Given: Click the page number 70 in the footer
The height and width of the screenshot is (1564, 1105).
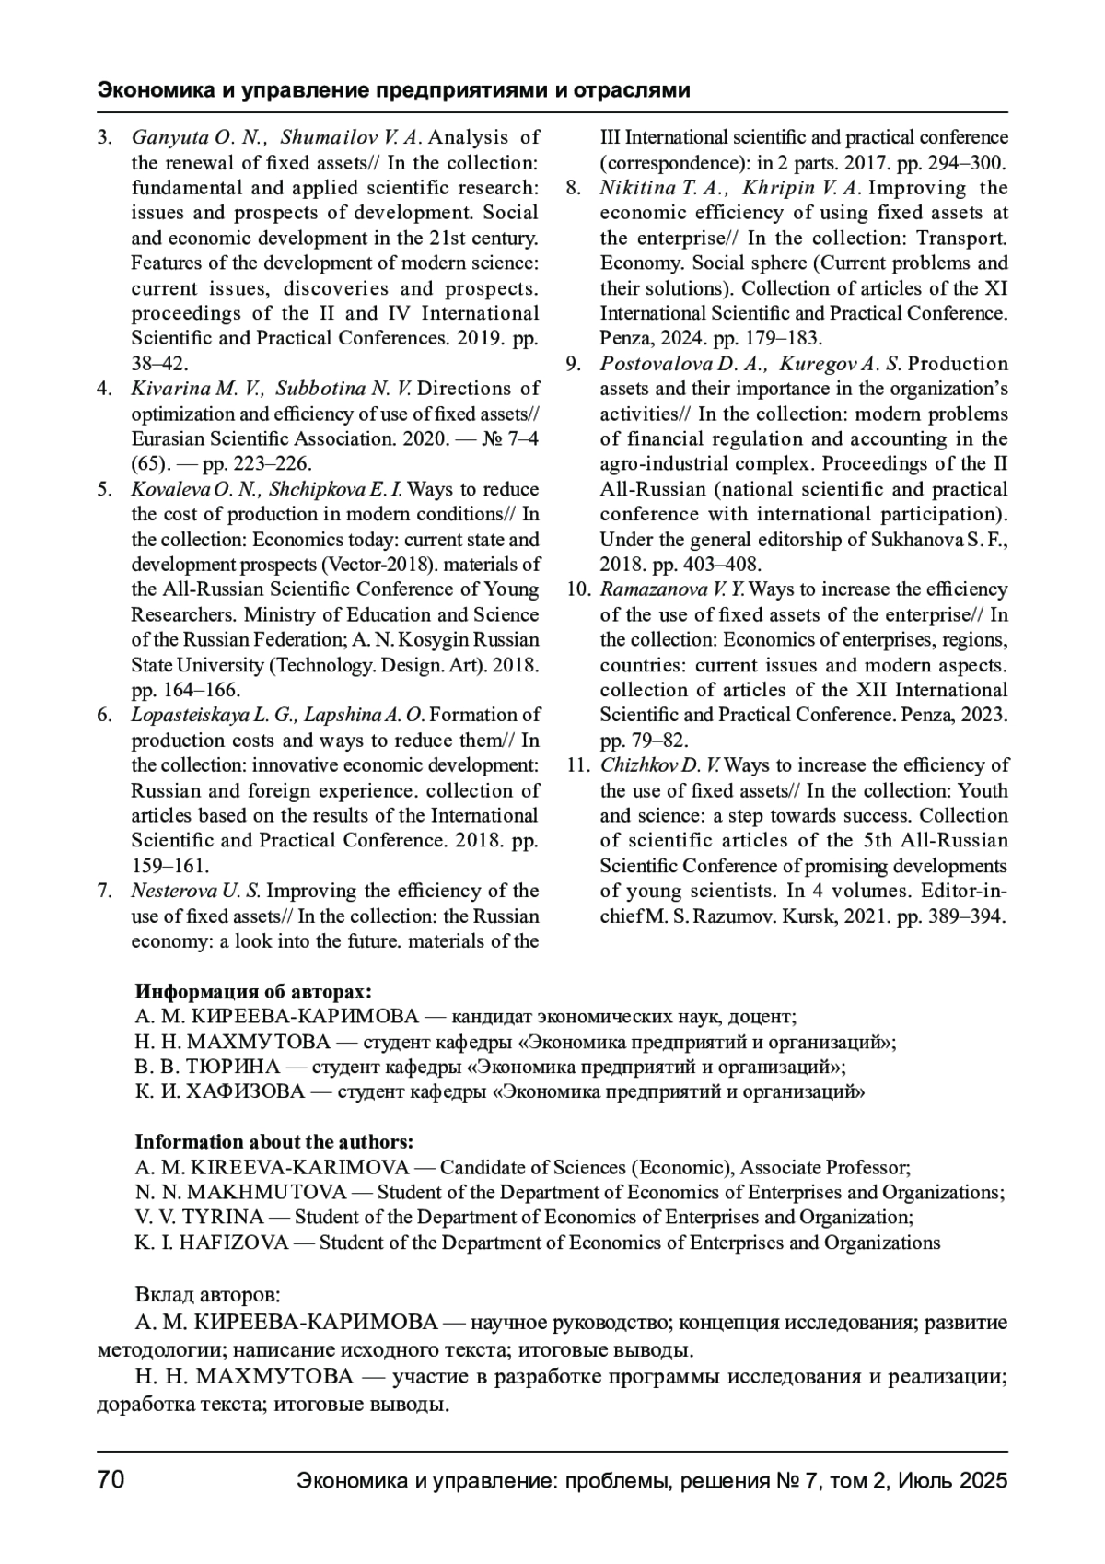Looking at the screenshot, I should tap(110, 1481).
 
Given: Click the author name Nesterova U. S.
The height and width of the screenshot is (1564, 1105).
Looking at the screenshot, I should tap(196, 891).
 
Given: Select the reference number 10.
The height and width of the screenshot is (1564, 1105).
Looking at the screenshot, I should tap(578, 589).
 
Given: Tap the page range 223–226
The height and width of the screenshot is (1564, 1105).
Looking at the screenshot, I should tap(273, 463).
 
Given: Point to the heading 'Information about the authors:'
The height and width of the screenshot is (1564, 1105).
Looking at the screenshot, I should tap(274, 1142).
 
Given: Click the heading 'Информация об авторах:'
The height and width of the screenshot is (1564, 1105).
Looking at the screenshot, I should tap(254, 992).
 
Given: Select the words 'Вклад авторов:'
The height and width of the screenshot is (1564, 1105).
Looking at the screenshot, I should tap(208, 1296).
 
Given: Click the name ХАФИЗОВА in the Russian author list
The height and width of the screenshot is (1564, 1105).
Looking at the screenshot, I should tap(245, 1092).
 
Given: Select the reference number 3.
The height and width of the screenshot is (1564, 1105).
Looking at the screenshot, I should tap(106, 138).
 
